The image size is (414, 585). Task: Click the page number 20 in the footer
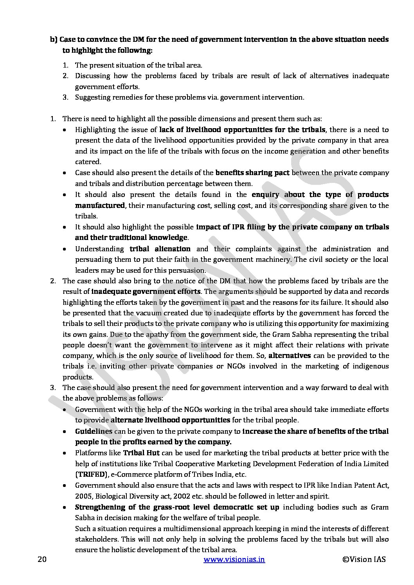(42, 559)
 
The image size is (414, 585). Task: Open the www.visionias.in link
(234, 559)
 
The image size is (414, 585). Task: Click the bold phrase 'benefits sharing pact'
(252, 172)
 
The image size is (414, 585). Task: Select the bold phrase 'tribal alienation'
(160, 249)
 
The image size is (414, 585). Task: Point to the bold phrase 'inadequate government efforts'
(146, 291)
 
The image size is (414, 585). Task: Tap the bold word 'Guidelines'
(94, 431)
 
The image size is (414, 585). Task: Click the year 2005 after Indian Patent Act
(83, 496)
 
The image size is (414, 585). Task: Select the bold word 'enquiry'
(265, 194)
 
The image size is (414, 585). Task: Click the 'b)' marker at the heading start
(54, 39)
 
